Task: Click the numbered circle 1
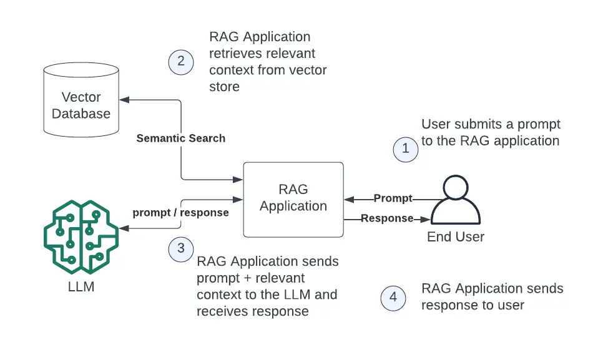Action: [406, 148]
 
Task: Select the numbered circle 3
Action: [181, 248]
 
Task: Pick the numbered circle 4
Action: [393, 297]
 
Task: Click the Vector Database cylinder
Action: [81, 103]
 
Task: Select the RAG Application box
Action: [293, 199]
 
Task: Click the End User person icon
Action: [456, 201]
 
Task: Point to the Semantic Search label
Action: [181, 138]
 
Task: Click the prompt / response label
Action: [181, 212]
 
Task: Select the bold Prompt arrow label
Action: [393, 198]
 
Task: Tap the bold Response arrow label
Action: [387, 218]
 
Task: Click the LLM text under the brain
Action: [81, 288]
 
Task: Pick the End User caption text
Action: [456, 237]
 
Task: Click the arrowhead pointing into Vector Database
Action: [124, 100]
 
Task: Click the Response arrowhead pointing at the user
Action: [426, 219]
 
